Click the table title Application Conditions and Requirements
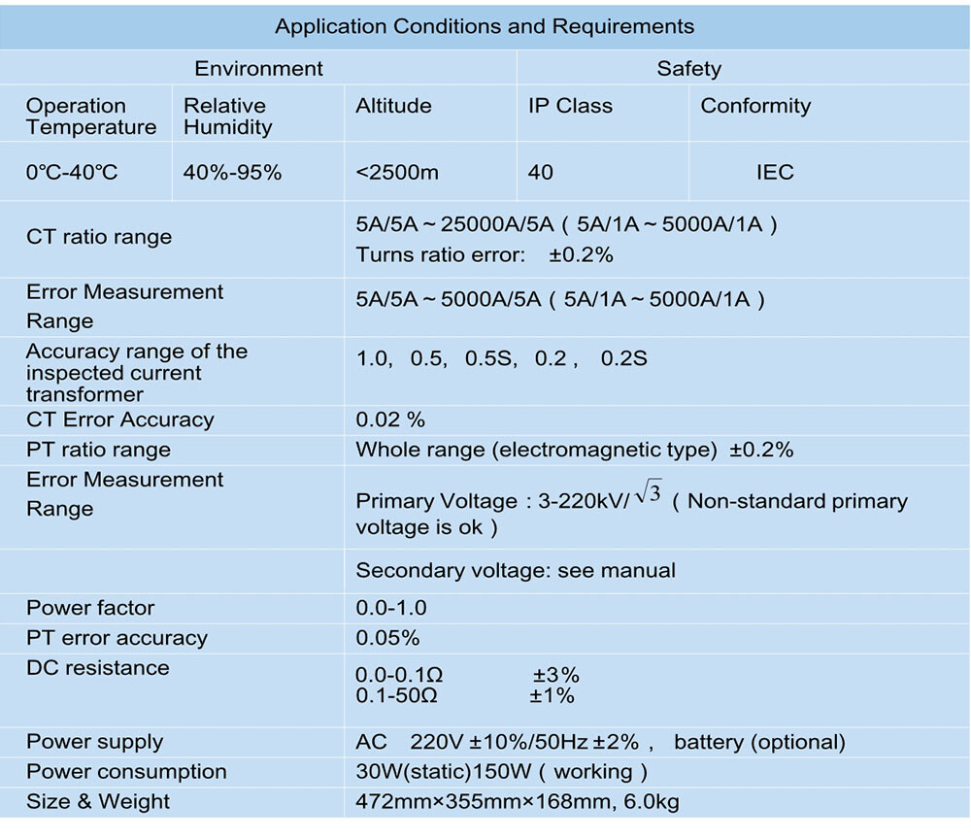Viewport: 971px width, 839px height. [485, 26]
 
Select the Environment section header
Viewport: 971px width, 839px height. [259, 68]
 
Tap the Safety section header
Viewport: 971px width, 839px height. [688, 69]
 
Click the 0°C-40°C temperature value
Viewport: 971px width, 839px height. [72, 172]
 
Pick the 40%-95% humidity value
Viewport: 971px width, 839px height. [232, 172]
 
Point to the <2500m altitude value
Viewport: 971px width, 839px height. [397, 172]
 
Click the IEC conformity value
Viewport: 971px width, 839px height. [775, 172]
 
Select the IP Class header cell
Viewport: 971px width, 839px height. [570, 106]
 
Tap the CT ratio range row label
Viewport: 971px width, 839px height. [99, 237]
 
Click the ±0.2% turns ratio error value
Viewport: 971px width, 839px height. [581, 255]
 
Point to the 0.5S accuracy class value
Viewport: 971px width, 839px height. [490, 358]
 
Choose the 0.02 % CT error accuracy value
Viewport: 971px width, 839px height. [390, 419]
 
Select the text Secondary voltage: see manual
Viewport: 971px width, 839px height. [516, 570]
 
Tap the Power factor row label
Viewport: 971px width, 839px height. [90, 608]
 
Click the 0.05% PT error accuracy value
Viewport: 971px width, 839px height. [387, 638]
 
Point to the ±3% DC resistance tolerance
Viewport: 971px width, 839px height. [556, 675]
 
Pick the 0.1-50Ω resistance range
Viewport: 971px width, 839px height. [397, 696]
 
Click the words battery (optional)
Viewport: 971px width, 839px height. [760, 743]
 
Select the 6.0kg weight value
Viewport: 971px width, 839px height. [652, 802]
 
